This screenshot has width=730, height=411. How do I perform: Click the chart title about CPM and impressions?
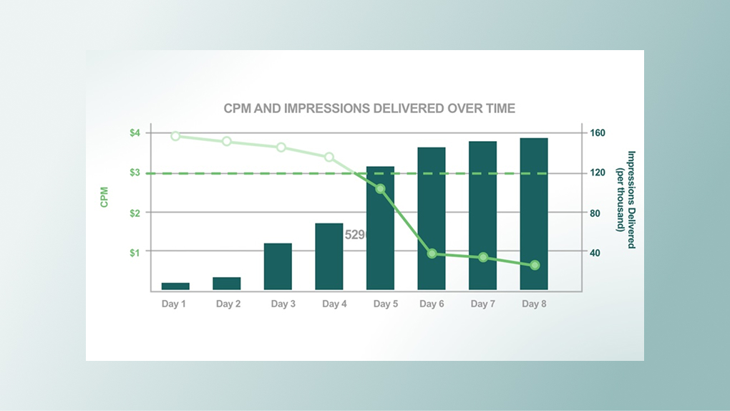pos(369,108)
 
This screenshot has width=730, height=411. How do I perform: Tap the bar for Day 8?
pos(534,215)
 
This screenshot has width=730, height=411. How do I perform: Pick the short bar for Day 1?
pos(175,286)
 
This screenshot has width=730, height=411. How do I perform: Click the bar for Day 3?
pos(278,266)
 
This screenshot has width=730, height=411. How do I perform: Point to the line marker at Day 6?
pos(432,253)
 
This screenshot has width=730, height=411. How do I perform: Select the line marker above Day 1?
pos(175,136)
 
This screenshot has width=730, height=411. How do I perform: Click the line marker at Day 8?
pos(535,265)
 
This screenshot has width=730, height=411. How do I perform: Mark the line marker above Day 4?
pos(329,157)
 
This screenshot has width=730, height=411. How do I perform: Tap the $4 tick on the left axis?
pos(135,133)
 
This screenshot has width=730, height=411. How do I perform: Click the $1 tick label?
pos(135,252)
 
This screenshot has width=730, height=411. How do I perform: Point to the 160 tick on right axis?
pos(598,133)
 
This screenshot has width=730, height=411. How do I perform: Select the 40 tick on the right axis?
pos(595,252)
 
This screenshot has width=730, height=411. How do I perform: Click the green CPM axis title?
pos(104,197)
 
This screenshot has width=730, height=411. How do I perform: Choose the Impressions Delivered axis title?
pos(626,199)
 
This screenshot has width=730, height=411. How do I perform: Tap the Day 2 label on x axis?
pos(228,304)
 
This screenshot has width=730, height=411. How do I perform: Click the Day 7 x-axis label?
pos(483,304)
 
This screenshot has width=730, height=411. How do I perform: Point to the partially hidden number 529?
pos(355,235)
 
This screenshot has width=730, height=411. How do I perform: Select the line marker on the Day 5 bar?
pos(380,189)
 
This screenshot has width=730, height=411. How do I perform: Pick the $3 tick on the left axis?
pos(135,173)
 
